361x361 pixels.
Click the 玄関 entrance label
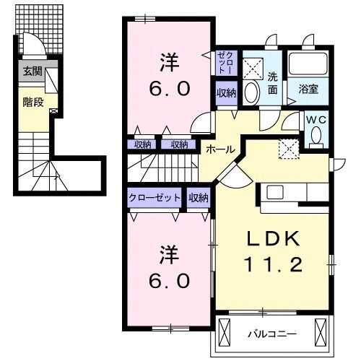[x=32, y=71]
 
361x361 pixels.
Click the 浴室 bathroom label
[x=309, y=90]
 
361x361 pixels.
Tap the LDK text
[x=274, y=240]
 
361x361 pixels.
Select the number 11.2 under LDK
[x=274, y=265]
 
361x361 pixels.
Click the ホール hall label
[x=220, y=149]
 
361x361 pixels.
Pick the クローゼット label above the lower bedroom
[x=155, y=197]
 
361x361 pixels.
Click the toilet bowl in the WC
[x=315, y=136]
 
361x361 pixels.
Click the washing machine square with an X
[x=253, y=67]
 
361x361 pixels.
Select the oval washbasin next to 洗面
[x=252, y=92]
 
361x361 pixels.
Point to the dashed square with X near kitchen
[x=290, y=148]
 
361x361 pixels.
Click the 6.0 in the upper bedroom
[x=170, y=89]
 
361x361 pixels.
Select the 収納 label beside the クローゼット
[x=199, y=197]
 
